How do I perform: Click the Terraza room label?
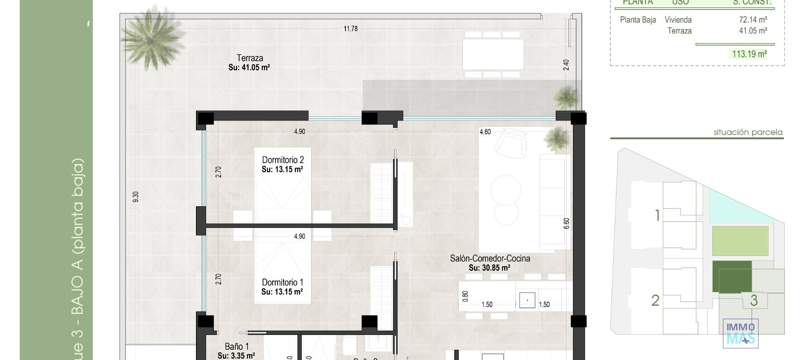pyautogui.click(x=250, y=59)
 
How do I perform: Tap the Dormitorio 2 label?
pyautogui.click(x=283, y=160)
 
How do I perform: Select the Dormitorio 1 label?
pyautogui.click(x=282, y=283)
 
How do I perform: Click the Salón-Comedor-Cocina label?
pyautogui.click(x=490, y=259)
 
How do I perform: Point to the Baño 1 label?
pyautogui.click(x=237, y=347)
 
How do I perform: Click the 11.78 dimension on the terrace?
pyautogui.click(x=350, y=29)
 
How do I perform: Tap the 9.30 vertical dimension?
pyautogui.click(x=135, y=197)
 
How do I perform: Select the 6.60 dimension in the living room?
pyautogui.click(x=567, y=223)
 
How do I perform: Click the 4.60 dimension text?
pyautogui.click(x=485, y=132)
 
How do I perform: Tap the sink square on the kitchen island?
pyautogui.click(x=527, y=300)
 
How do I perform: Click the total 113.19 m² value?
pyautogui.click(x=749, y=54)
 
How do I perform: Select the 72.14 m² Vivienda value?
pyautogui.click(x=753, y=20)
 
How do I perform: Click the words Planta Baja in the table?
pyautogui.click(x=638, y=20)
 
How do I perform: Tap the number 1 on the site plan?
pyautogui.click(x=657, y=216)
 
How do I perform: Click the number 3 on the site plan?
pyautogui.click(x=754, y=300)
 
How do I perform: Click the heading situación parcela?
pyautogui.click(x=748, y=132)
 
